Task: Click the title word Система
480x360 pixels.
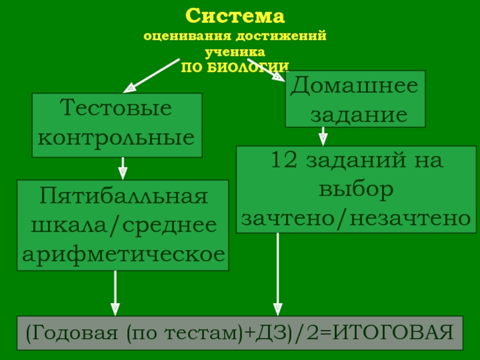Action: click(x=235, y=16)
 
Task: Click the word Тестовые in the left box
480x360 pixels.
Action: click(x=117, y=110)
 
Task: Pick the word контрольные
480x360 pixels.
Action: click(x=116, y=138)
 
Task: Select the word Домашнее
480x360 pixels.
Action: click(x=354, y=86)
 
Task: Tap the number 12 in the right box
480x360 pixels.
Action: click(x=285, y=161)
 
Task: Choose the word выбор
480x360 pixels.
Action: click(x=356, y=190)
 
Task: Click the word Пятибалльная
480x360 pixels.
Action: click(x=124, y=197)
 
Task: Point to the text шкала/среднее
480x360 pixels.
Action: click(x=123, y=226)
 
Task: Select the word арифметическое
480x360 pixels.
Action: click(x=124, y=254)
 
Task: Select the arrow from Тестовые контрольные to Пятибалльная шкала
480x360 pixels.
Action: click(x=123, y=168)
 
